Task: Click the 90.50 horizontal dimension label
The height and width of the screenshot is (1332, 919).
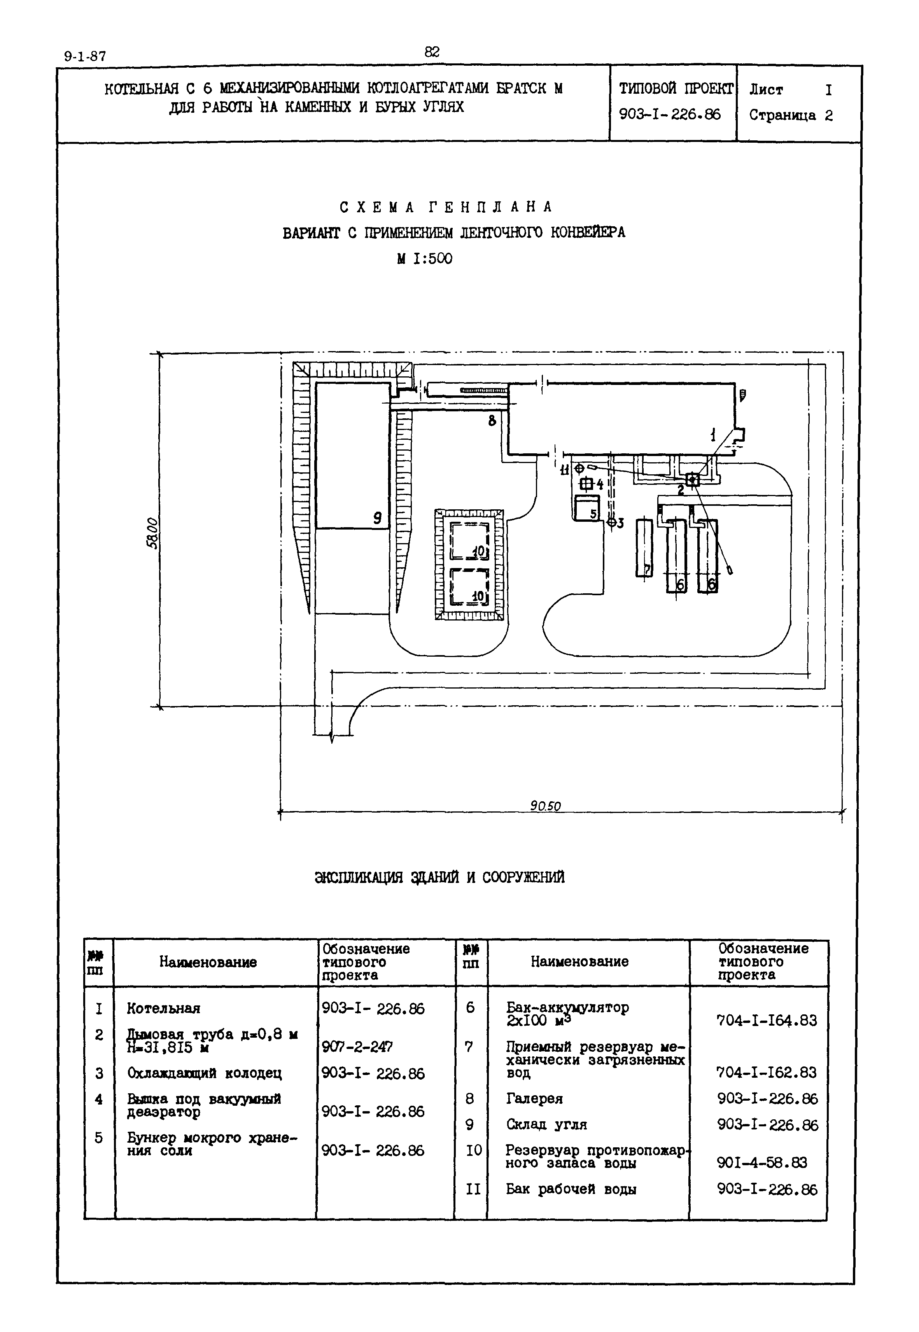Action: point(545,806)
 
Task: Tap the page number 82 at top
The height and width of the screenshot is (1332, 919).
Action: point(432,52)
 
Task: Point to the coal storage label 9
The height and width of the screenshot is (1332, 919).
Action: point(377,518)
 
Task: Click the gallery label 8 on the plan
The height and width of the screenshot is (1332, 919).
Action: point(492,421)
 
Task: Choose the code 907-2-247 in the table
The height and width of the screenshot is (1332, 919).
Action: point(357,1047)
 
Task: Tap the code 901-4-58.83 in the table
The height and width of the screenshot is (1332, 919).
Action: point(762,1162)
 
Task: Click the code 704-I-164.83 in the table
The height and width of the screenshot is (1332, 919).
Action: point(767,1021)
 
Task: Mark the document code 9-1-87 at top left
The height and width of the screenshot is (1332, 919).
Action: point(85,56)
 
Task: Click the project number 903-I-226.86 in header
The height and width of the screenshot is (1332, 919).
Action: point(670,115)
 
